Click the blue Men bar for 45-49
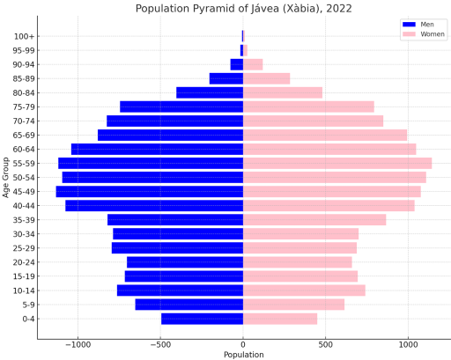(150, 192)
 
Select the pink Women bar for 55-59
(337, 164)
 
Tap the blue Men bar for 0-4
(203, 319)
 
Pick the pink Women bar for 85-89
(267, 78)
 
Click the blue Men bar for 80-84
(210, 92)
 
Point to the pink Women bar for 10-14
(304, 290)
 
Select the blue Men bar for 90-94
(237, 64)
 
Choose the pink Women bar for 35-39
(314, 220)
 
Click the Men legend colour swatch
(409, 25)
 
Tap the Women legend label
(433, 34)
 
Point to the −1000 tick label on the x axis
(78, 344)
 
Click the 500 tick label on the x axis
(325, 344)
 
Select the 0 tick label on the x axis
(243, 344)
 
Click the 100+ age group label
(24, 37)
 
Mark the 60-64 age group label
(24, 150)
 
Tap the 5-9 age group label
(28, 305)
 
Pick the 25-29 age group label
(24, 248)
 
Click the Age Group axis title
(5, 178)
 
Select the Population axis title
(244, 355)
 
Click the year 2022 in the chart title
(339, 9)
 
